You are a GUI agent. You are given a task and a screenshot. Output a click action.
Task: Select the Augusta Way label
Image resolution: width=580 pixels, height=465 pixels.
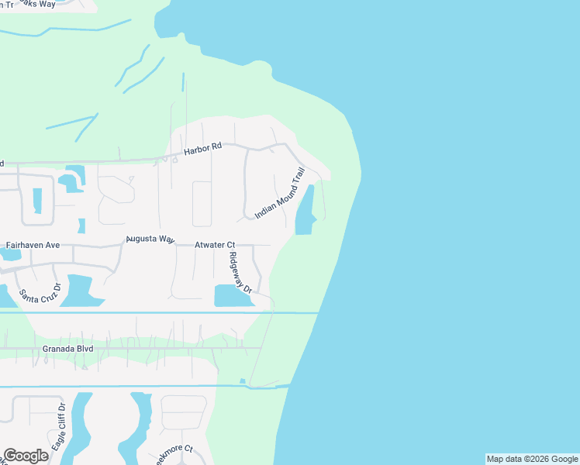(x=150, y=239)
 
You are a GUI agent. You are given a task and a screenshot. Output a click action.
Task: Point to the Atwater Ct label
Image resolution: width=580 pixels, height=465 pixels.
(x=214, y=245)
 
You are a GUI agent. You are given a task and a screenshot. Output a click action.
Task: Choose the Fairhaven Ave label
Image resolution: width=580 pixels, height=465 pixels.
(x=33, y=245)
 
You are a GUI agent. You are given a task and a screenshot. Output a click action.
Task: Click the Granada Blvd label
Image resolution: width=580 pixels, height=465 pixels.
(x=68, y=350)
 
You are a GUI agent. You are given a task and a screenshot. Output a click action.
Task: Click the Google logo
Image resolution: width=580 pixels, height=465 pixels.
(x=26, y=456)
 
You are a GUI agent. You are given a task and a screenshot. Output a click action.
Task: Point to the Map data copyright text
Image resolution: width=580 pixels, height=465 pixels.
(x=532, y=459)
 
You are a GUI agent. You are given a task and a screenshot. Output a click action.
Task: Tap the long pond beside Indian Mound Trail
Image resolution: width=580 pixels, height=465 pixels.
(x=305, y=211)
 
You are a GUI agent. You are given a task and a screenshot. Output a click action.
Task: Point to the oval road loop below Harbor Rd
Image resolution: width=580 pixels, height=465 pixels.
(x=202, y=204)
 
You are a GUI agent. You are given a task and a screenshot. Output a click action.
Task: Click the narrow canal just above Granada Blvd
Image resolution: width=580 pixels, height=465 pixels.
(x=155, y=312)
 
